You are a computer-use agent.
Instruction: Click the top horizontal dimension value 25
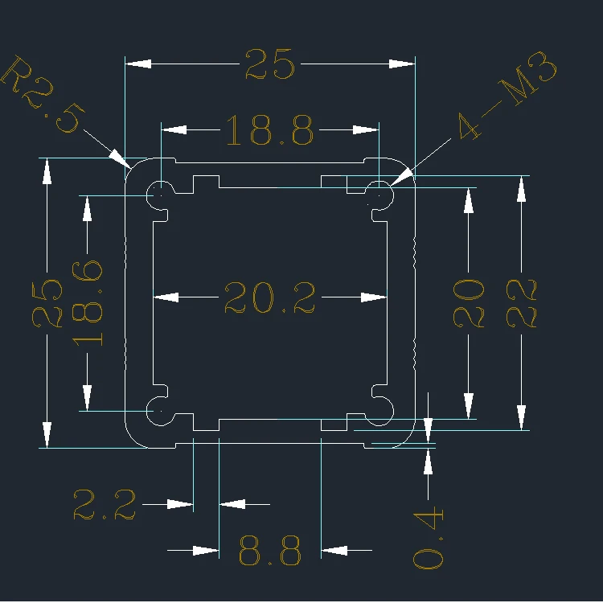coord(270,64)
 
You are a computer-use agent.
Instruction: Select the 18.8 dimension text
coord(269,129)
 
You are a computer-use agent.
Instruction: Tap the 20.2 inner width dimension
coord(269,297)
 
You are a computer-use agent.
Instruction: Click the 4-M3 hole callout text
coord(507,96)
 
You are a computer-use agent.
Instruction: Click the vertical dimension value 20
coord(469,302)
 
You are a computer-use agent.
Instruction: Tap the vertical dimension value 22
coord(522,302)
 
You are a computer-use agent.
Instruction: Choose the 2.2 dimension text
coord(105,505)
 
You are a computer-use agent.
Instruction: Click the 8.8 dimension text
coord(270,552)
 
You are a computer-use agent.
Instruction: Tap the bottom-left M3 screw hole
coord(161,411)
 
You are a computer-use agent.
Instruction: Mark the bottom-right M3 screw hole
coord(379,411)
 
